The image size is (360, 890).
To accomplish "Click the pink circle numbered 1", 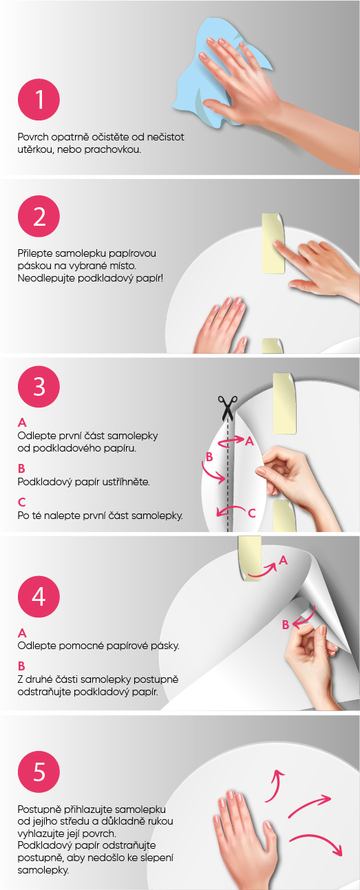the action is pos(39,99).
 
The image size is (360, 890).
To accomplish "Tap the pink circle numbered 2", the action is pos(39,217).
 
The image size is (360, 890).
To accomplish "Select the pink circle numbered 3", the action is pos(39,387).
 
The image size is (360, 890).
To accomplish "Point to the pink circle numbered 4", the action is pos(39,596).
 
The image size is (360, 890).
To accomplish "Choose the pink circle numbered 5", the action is pos(39,772).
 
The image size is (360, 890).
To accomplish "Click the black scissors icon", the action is pos(227,408).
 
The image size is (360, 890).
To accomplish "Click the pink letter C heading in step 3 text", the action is pos(22,502).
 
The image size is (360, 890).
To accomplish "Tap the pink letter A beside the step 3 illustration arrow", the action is pos(249,441).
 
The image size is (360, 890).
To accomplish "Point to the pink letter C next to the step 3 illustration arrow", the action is pos(251,513).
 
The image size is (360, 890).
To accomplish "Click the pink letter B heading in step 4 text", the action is pos(21,666).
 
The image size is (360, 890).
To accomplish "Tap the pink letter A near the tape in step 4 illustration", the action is pos(283,560).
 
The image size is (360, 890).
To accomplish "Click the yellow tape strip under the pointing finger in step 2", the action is pos(273,244).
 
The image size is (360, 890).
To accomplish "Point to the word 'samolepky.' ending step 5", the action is pos(43,870).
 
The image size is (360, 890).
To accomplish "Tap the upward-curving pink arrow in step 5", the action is pos(274,784).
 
